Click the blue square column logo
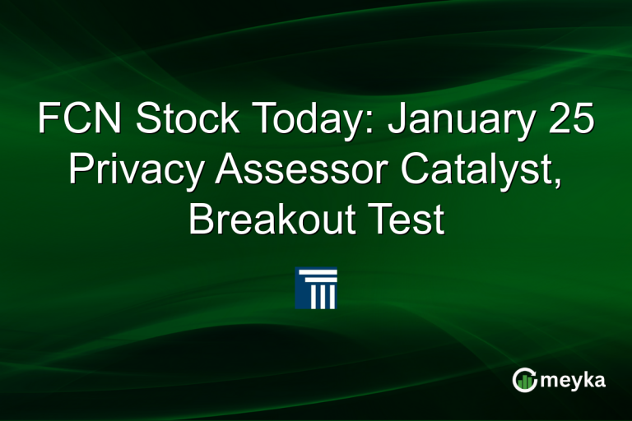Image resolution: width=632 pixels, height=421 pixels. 316,287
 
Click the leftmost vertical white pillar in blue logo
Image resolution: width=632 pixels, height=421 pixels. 314,297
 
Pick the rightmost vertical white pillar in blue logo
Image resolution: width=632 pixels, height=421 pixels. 332,297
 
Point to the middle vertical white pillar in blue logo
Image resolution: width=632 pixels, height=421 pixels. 323,297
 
